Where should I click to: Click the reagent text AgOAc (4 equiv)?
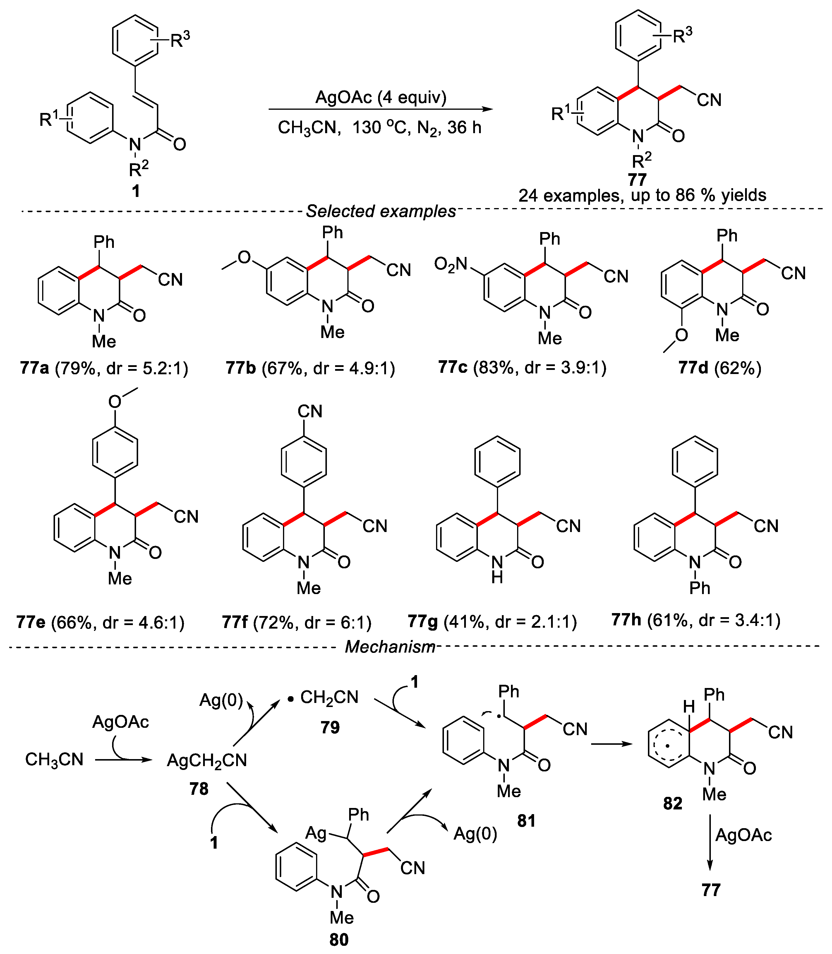point(381,97)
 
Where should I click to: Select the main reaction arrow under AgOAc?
point(381,109)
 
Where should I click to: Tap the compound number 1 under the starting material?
point(135,191)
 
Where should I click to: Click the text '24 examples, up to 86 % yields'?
point(642,195)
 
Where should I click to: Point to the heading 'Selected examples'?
point(381,211)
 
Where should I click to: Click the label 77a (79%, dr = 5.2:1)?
point(104,368)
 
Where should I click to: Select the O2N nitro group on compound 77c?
point(450,265)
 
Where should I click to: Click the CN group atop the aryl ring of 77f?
point(310,411)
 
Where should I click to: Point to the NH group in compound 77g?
point(497,569)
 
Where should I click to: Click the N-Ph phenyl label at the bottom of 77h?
point(700,588)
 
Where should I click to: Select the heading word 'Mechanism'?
point(390,647)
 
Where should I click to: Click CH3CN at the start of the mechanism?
point(54,759)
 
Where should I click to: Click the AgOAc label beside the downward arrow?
point(743,835)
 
